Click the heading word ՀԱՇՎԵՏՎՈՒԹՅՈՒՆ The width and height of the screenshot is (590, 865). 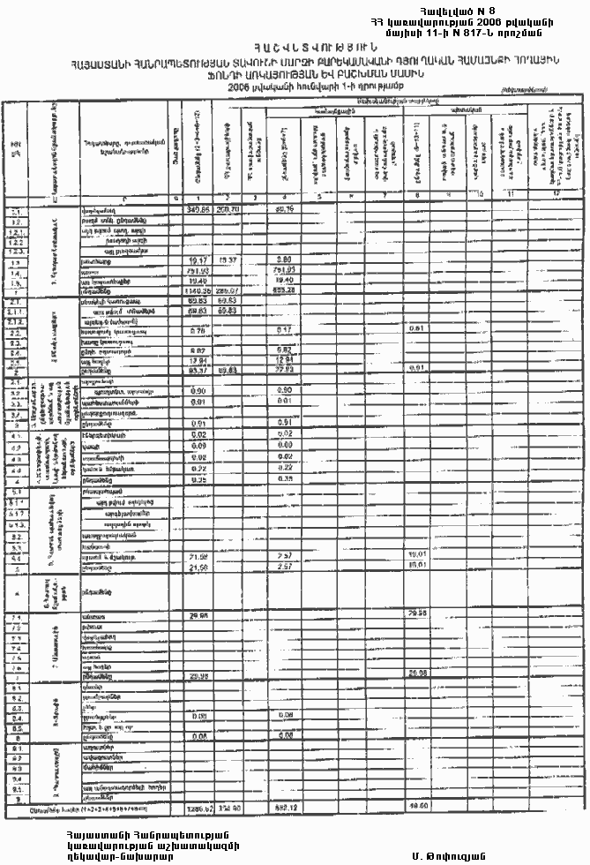pos(295,47)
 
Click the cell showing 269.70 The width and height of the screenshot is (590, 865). pos(226,209)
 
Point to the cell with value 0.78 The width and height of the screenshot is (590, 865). pos(198,331)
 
